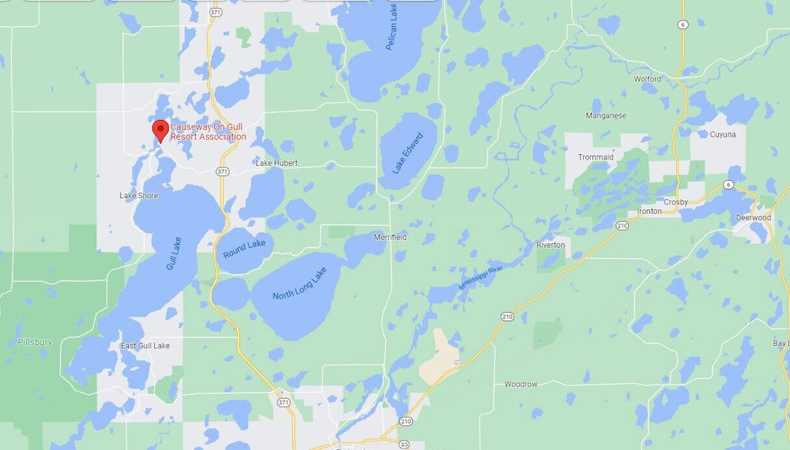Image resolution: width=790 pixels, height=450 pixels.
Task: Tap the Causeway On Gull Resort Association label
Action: [x=209, y=131]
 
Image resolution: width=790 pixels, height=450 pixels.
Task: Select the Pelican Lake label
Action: [x=392, y=32]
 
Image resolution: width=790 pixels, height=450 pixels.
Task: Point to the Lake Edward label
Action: [x=408, y=152]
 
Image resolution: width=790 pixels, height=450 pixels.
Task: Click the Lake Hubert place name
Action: [x=275, y=163]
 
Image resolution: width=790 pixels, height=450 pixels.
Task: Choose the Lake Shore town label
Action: [x=139, y=196]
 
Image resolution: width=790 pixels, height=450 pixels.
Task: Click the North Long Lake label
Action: [x=299, y=284]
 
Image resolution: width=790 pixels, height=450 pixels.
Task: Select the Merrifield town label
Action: [x=390, y=237]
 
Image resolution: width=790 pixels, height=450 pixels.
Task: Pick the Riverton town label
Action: [x=551, y=245]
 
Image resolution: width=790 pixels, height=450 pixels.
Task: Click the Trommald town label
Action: [x=596, y=157]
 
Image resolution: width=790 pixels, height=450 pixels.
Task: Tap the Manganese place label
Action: [x=606, y=116]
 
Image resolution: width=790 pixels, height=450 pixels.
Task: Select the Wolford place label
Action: [x=648, y=79]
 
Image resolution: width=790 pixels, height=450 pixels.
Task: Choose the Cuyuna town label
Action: [x=722, y=135]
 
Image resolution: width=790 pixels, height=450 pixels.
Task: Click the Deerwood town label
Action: [x=753, y=218]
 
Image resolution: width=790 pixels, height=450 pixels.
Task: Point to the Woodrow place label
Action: [x=521, y=384]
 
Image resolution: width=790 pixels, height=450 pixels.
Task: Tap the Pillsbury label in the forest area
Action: [x=35, y=343]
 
